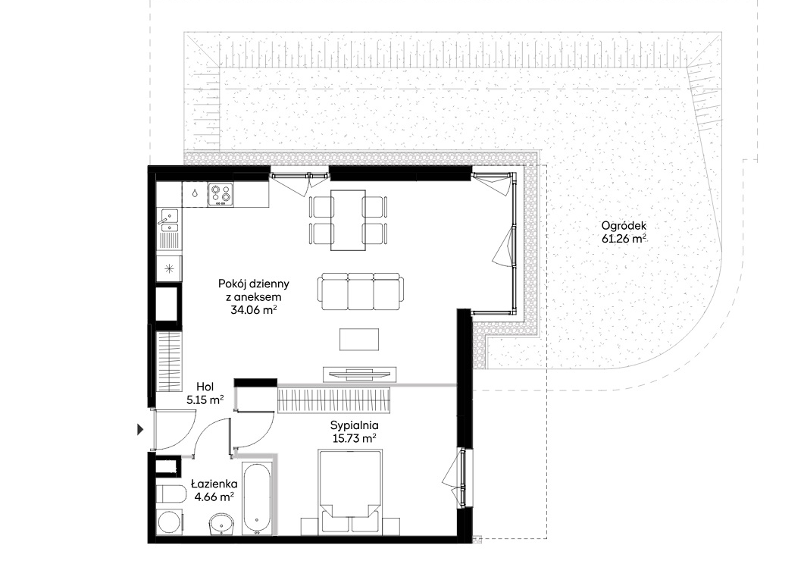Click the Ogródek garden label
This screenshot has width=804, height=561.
(624, 226)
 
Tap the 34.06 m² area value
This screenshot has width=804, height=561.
(254, 310)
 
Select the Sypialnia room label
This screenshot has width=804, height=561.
(355, 425)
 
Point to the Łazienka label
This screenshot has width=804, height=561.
(214, 484)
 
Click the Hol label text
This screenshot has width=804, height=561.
(205, 387)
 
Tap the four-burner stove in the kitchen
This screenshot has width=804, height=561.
(221, 194)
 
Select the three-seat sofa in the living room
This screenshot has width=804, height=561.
(361, 291)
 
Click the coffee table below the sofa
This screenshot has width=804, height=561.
(359, 339)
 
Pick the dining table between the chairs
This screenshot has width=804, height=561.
(348, 220)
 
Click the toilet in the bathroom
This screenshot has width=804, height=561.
(170, 494)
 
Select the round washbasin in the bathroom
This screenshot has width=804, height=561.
(221, 524)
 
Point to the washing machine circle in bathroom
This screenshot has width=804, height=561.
(170, 522)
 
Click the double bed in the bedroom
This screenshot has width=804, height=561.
(350, 493)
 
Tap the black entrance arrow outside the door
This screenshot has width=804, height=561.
(140, 430)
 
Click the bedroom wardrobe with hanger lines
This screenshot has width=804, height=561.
(334, 400)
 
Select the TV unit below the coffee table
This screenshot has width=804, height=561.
(359, 374)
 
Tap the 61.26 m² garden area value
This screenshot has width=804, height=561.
(624, 239)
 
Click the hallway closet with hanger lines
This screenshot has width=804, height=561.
(168, 362)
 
